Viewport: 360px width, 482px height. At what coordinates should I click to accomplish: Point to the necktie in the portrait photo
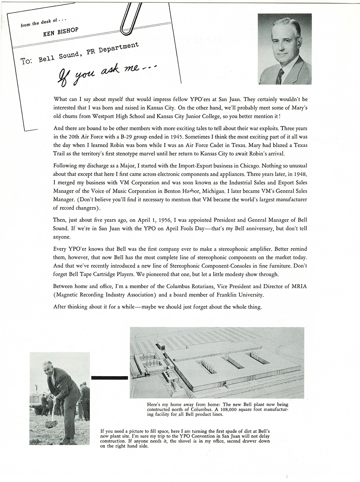pyautogui.click(x=280, y=76)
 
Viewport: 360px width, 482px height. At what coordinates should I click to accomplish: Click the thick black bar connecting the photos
pyautogui.click(x=110, y=377)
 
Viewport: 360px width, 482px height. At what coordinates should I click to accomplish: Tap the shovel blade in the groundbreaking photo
pyautogui.click(x=51, y=423)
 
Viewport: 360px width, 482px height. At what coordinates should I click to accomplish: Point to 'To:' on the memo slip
pyautogui.click(x=27, y=62)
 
